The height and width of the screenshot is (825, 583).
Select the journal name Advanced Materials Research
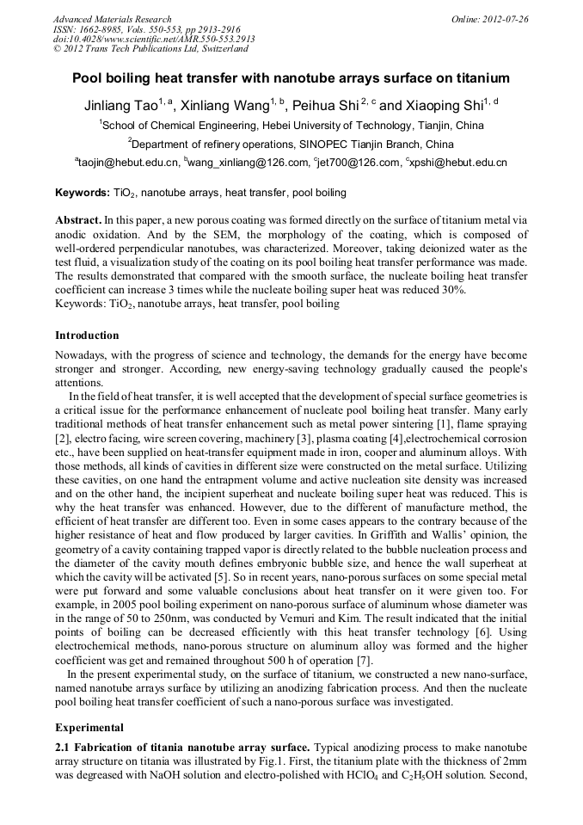point(112,19)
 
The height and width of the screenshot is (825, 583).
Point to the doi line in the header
point(154,40)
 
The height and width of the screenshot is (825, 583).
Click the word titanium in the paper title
point(481,78)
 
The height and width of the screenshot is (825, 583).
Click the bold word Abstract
point(77,220)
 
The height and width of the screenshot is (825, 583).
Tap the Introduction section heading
point(87,335)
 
